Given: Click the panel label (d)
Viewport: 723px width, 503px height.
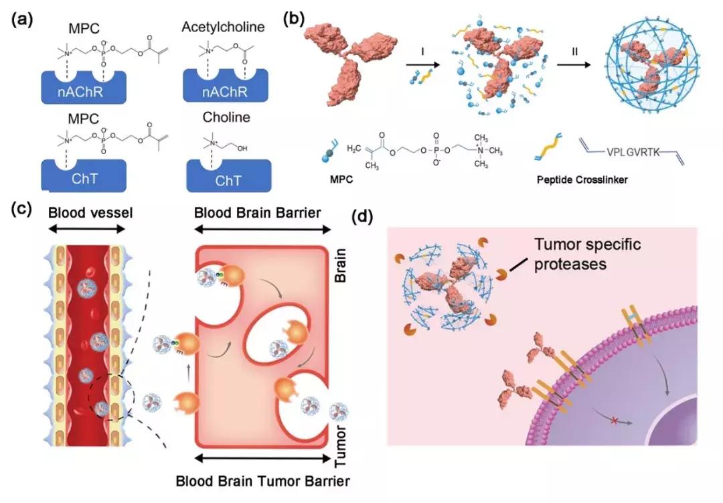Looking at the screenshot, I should pos(364,216).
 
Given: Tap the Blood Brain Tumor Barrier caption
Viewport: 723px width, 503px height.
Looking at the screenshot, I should pos(263,481).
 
